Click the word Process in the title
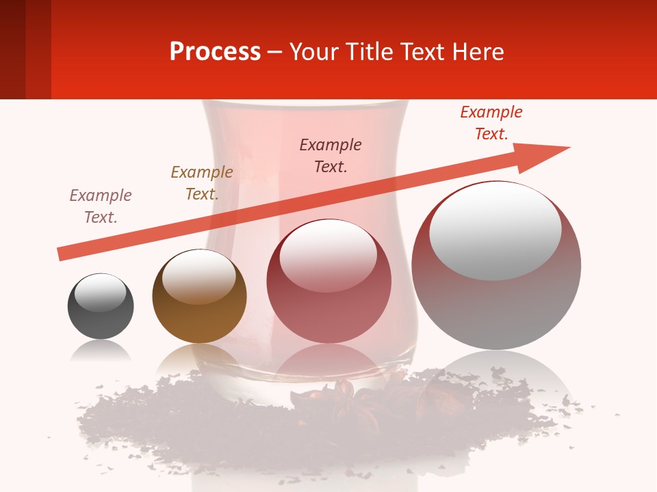(215, 52)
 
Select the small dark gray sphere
(101, 306)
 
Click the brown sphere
(199, 297)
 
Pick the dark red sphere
(329, 282)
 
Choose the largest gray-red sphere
(496, 266)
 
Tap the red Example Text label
(491, 123)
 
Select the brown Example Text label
(201, 183)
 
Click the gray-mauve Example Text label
(101, 206)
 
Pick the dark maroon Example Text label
(331, 156)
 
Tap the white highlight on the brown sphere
(198, 277)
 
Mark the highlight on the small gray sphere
(100, 293)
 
